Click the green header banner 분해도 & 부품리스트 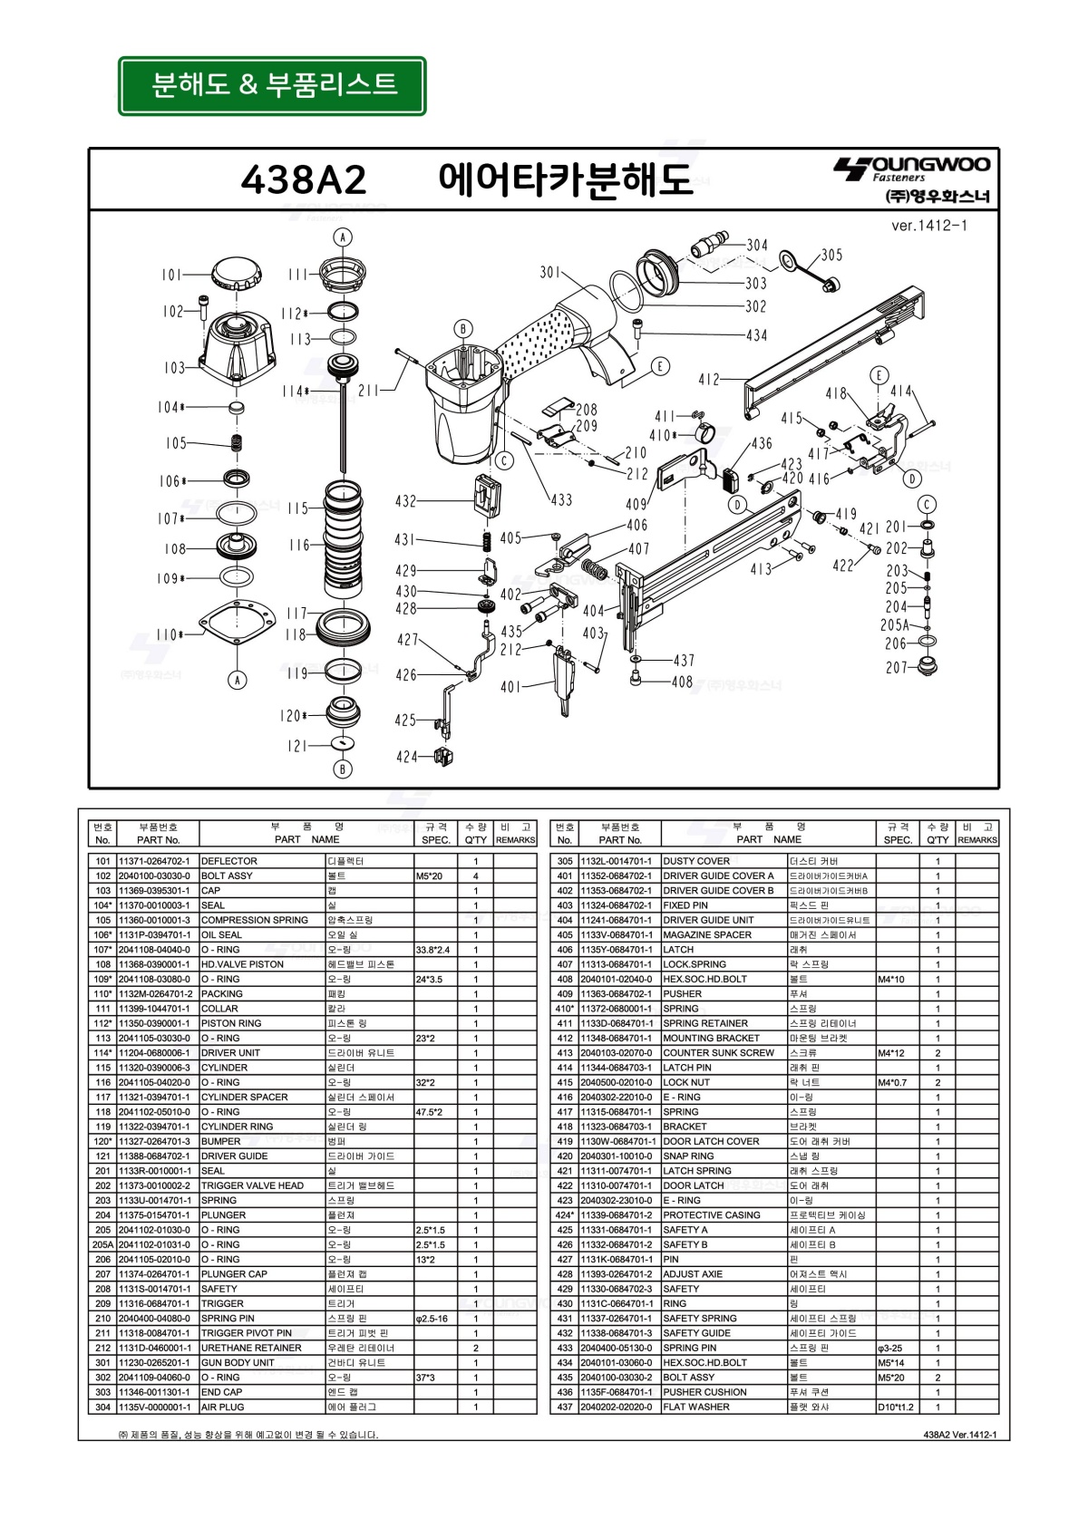[272, 85]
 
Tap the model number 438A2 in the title [304, 179]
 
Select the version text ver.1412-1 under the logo [928, 226]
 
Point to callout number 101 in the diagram [171, 275]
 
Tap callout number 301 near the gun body [549, 272]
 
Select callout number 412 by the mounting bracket [708, 380]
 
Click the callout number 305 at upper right [831, 255]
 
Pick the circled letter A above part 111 [342, 237]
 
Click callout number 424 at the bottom [406, 757]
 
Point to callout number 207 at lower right [896, 667]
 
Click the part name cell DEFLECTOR [229, 861]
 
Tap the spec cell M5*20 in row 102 [429, 875]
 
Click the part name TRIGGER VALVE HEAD [252, 1185]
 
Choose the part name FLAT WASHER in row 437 [695, 1407]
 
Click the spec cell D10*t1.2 [896, 1407]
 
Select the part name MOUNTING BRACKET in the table [711, 1038]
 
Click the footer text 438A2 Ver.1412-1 [959, 1435]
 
